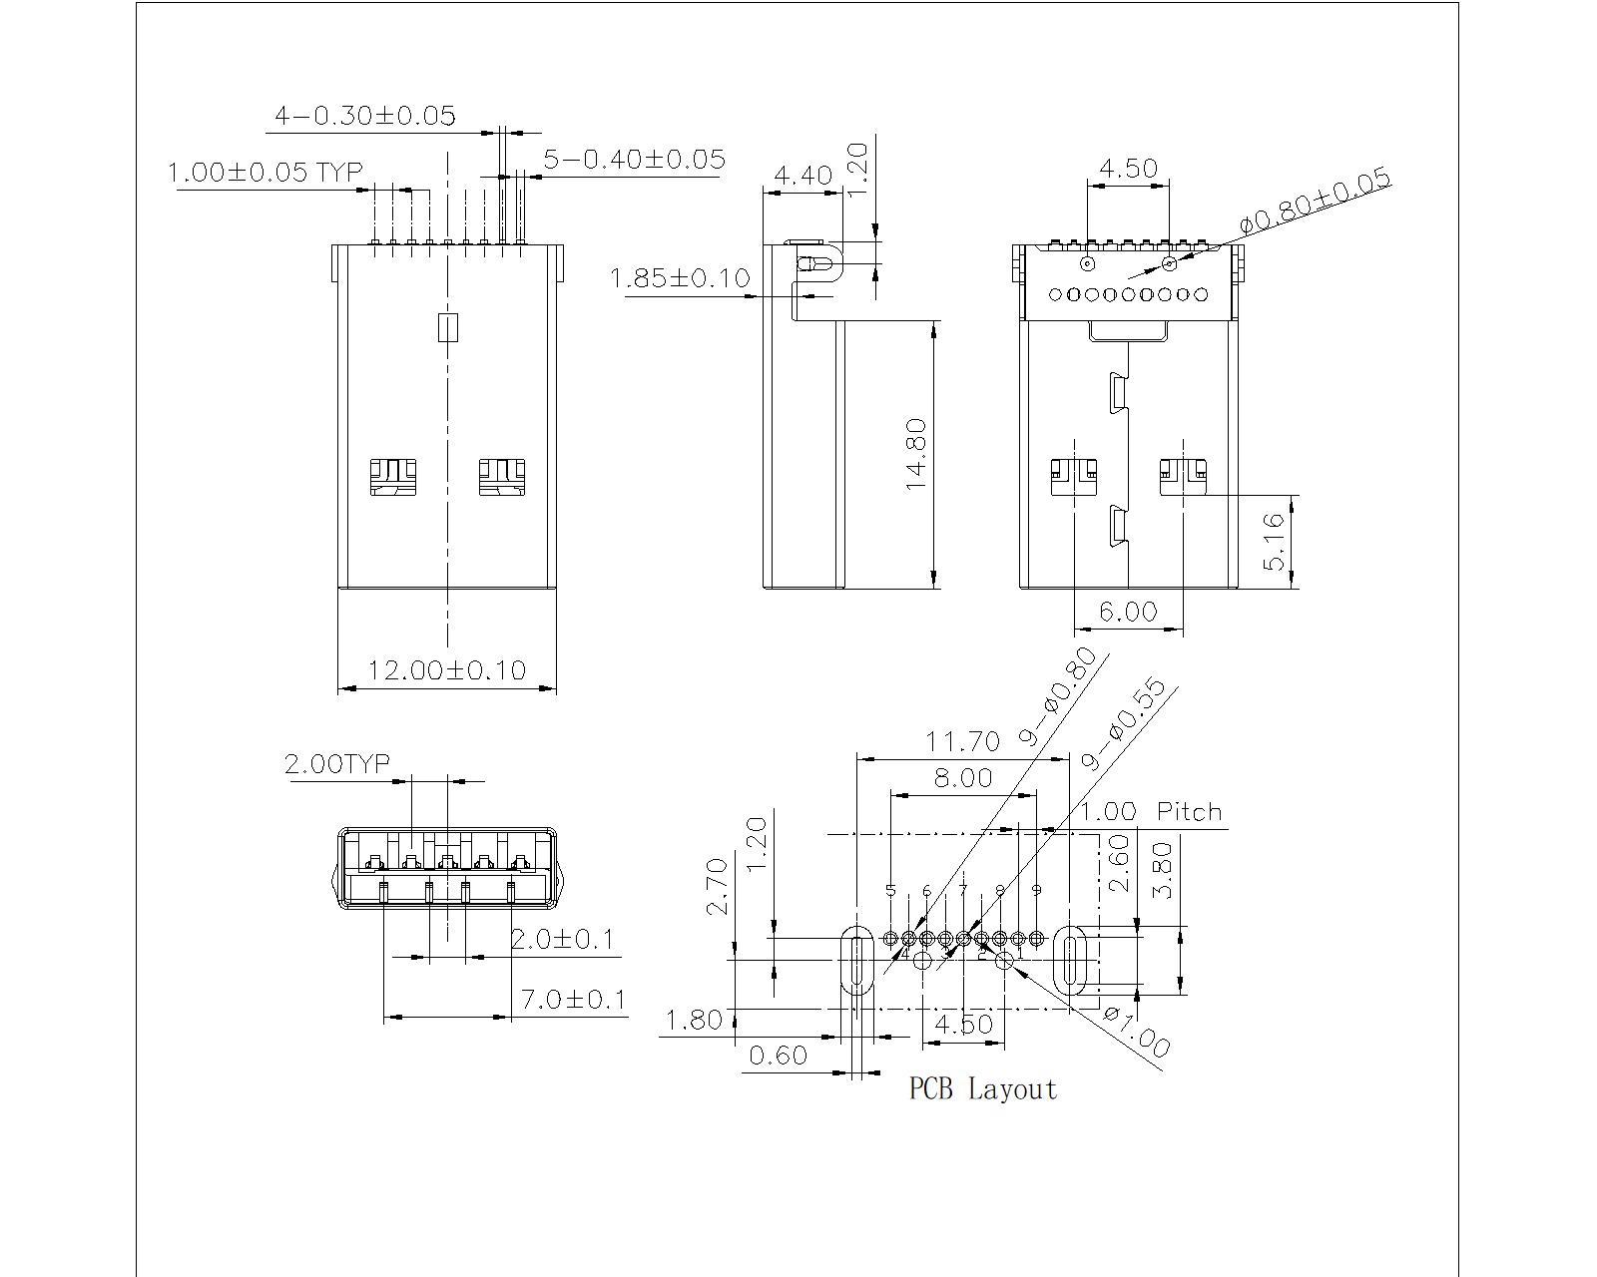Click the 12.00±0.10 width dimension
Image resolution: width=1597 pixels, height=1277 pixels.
pyautogui.click(x=446, y=669)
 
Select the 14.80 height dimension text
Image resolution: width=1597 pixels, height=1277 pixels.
pyautogui.click(x=917, y=454)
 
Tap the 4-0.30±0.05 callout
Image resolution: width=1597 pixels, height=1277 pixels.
pyautogui.click(x=364, y=116)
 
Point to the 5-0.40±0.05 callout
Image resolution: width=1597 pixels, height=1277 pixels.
pyautogui.click(x=634, y=159)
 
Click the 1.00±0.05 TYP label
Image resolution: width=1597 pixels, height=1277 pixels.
pyautogui.click(x=265, y=173)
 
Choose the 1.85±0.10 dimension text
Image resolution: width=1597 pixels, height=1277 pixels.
pyautogui.click(x=680, y=278)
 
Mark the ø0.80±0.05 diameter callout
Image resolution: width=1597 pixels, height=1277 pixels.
pyautogui.click(x=1315, y=203)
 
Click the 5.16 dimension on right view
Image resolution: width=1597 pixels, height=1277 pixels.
pyautogui.click(x=1275, y=542)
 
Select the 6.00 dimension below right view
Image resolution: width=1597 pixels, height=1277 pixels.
pyautogui.click(x=1128, y=611)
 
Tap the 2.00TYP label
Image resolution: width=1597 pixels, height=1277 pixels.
pyautogui.click(x=337, y=764)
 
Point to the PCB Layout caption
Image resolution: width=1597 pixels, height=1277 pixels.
pyautogui.click(x=982, y=1088)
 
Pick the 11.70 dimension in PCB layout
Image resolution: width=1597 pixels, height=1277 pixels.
pyautogui.click(x=962, y=741)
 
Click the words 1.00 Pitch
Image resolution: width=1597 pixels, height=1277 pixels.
pyautogui.click(x=1151, y=811)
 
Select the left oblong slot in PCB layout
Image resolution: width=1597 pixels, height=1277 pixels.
pyautogui.click(x=855, y=960)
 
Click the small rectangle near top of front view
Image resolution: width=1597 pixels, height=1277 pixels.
pyautogui.click(x=448, y=327)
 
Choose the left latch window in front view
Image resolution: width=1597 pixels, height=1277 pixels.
pyautogui.click(x=392, y=477)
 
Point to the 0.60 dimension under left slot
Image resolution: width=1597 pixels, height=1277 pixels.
pyautogui.click(x=778, y=1055)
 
